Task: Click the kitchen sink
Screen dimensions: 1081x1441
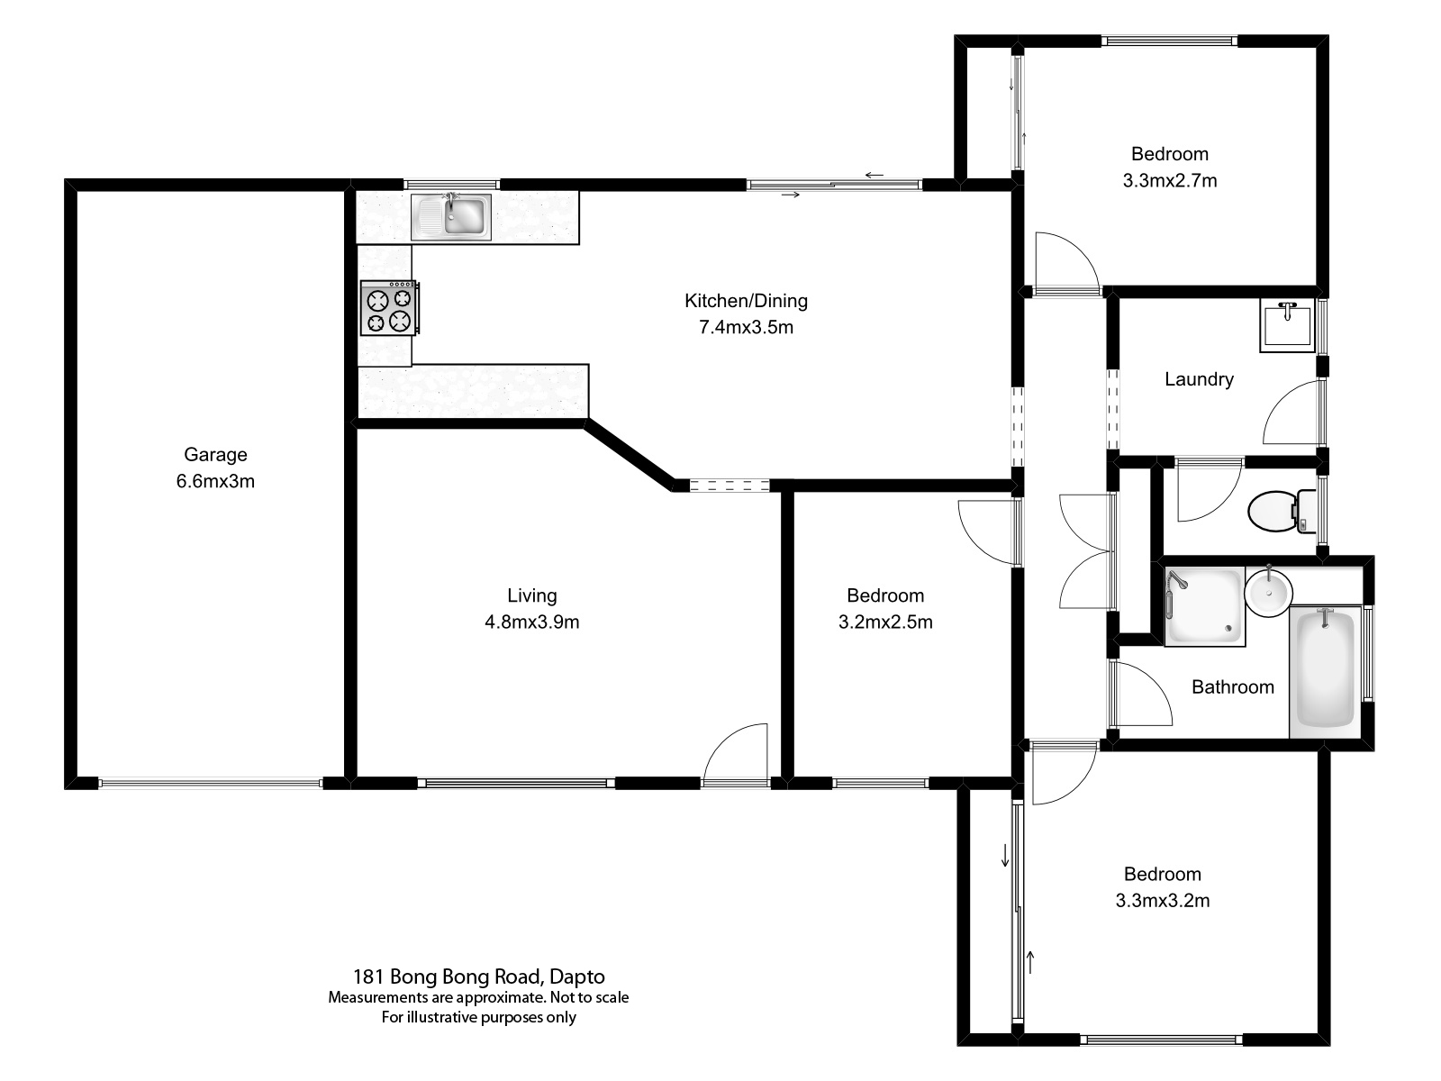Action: click(452, 216)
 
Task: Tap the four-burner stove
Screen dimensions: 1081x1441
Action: click(390, 308)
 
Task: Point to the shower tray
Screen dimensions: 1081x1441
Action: click(1204, 605)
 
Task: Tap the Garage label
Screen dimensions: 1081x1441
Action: click(215, 455)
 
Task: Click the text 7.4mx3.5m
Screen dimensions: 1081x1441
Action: click(746, 327)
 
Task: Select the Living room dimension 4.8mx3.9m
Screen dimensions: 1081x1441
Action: click(531, 622)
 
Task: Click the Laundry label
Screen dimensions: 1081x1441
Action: click(1199, 379)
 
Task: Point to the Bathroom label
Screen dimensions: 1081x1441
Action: click(1232, 687)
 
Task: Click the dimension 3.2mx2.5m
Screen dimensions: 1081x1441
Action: click(884, 622)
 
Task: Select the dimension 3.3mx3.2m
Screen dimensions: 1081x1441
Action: click(1162, 900)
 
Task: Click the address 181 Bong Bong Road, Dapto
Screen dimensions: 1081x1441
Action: click(478, 977)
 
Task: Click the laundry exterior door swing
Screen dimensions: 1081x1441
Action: click(1293, 413)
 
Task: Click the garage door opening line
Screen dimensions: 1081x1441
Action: click(209, 784)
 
